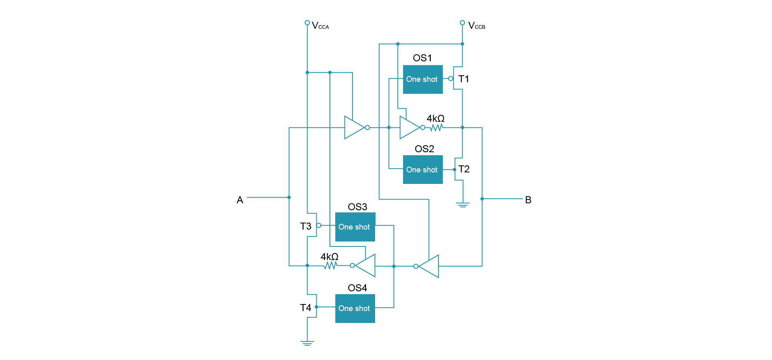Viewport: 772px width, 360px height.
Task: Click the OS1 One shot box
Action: [422, 79]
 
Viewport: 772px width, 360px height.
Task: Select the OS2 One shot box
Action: [422, 170]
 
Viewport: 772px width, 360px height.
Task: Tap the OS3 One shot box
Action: [355, 227]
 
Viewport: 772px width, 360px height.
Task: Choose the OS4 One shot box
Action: [355, 308]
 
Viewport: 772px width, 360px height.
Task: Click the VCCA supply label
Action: [320, 26]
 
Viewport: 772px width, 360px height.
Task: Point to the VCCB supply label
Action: [476, 26]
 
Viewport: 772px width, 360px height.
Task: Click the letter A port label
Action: [240, 200]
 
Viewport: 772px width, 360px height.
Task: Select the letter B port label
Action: [528, 200]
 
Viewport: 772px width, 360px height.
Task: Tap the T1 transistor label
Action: [464, 79]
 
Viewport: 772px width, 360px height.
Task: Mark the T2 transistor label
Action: [464, 169]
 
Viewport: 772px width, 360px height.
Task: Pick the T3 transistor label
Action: [306, 226]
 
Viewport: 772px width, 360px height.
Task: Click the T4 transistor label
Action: [306, 308]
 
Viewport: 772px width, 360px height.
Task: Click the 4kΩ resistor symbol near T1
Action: [436, 128]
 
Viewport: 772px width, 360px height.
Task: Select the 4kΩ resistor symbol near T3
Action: [330, 266]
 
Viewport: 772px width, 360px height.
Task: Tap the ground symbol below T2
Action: [463, 204]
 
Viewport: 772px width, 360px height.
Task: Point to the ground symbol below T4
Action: [307, 343]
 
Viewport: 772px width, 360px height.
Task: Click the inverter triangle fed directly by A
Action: [354, 128]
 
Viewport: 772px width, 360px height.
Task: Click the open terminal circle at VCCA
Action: [307, 23]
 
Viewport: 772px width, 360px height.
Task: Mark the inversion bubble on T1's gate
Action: [451, 79]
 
